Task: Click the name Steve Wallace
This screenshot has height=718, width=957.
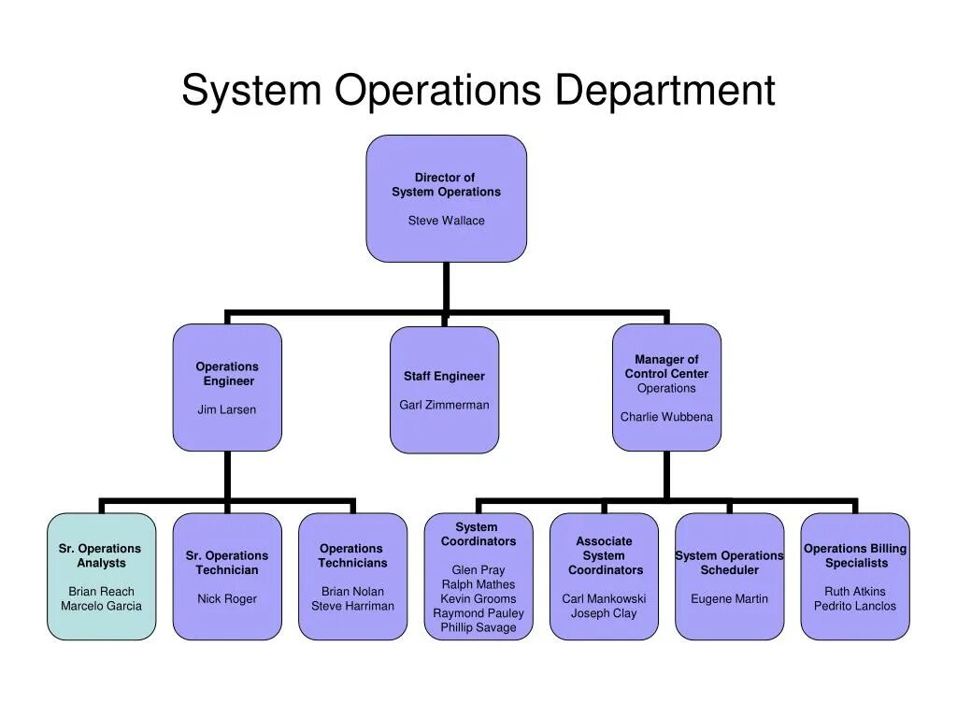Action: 446,221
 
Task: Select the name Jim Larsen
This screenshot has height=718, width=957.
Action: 226,409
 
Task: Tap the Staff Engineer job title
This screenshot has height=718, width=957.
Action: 444,376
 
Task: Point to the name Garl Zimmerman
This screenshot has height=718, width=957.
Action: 444,405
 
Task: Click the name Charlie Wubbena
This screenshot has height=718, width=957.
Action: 666,417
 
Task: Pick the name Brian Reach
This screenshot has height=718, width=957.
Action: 101,591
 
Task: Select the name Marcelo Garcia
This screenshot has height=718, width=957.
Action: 101,606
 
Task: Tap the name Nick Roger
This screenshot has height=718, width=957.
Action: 227,598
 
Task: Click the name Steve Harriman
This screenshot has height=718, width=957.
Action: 352,606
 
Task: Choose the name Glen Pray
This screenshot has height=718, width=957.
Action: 478,569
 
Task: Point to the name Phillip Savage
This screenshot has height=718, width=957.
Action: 478,627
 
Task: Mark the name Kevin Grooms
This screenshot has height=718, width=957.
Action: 478,598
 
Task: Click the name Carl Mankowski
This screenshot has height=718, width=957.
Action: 604,598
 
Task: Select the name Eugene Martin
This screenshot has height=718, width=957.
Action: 729,598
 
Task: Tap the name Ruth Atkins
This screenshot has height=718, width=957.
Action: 854,591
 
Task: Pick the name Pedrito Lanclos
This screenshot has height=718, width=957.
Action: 854,606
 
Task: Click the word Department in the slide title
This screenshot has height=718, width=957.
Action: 664,91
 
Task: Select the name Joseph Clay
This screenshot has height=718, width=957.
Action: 604,613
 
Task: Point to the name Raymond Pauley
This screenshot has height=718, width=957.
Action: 478,613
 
